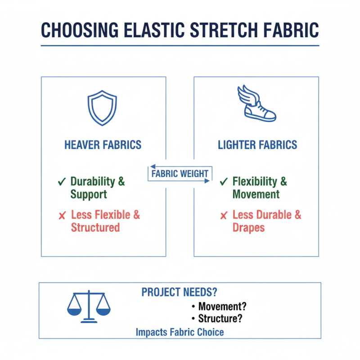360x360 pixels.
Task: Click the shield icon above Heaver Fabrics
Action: pos(103,108)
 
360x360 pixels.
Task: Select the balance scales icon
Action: pos(89,306)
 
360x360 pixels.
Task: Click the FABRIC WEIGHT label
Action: pos(179,174)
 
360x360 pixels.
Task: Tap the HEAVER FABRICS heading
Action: pos(103,145)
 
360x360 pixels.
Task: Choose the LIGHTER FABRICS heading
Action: pos(257,145)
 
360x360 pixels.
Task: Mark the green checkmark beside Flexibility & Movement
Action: pos(223,182)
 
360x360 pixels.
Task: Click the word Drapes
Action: pos(248,227)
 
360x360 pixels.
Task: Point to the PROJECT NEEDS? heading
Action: pos(179,292)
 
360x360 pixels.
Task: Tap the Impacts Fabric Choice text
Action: pos(180,333)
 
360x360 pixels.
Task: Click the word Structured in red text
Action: pos(95,227)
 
